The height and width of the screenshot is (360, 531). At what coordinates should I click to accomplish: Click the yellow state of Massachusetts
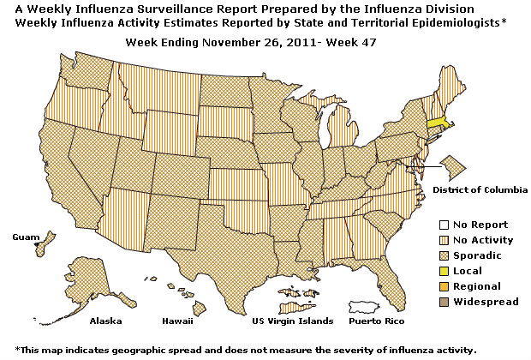click(437, 121)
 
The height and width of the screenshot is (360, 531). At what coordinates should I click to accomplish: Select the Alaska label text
click(106, 321)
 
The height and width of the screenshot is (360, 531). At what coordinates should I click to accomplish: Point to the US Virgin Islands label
click(289, 321)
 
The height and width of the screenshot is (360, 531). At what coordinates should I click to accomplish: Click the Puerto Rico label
click(376, 321)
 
